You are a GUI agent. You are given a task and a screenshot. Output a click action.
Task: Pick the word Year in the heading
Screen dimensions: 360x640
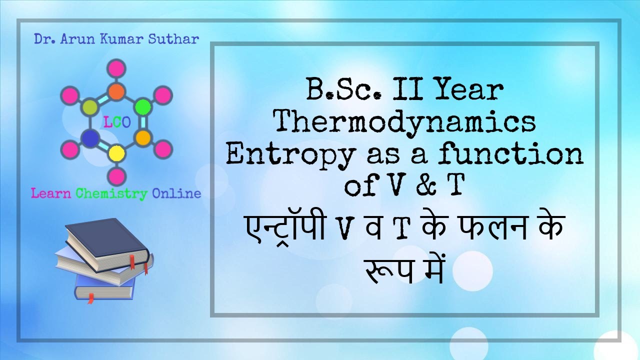tap(470, 90)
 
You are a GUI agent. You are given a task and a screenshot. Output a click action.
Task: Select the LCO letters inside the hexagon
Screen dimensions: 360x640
tap(116, 122)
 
